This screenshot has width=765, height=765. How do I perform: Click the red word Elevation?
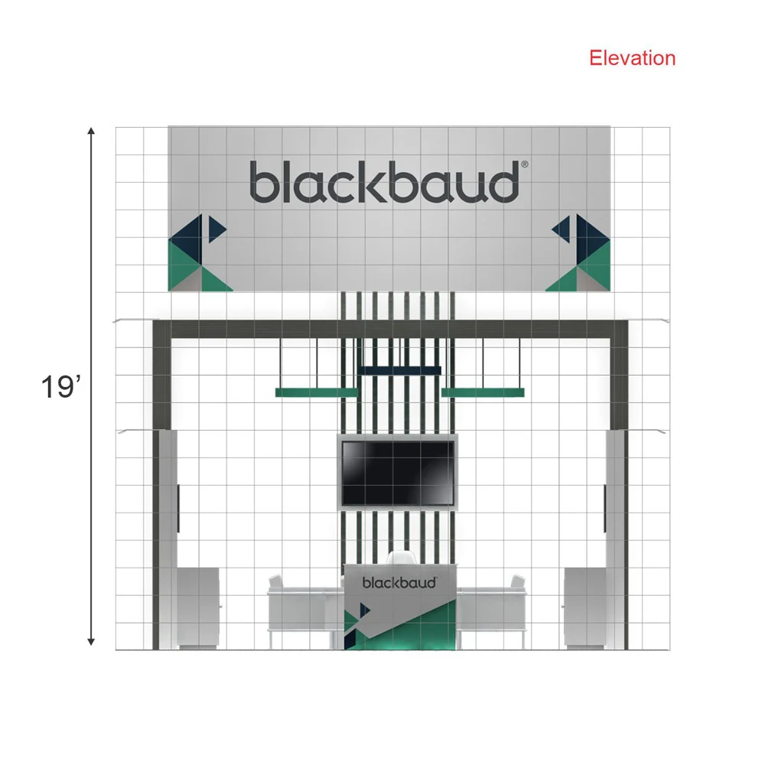(x=633, y=58)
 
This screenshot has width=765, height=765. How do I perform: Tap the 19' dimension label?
(x=60, y=387)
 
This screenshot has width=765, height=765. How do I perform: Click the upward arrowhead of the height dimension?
(x=91, y=131)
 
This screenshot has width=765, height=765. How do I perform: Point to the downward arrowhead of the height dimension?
(x=91, y=642)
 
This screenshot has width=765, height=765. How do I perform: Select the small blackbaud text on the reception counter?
(x=399, y=582)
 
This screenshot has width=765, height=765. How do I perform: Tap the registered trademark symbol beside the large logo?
(x=525, y=164)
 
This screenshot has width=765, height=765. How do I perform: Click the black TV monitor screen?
(x=398, y=473)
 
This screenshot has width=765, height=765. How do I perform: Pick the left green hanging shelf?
(x=317, y=392)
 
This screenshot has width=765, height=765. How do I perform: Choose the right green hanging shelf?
(x=483, y=392)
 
